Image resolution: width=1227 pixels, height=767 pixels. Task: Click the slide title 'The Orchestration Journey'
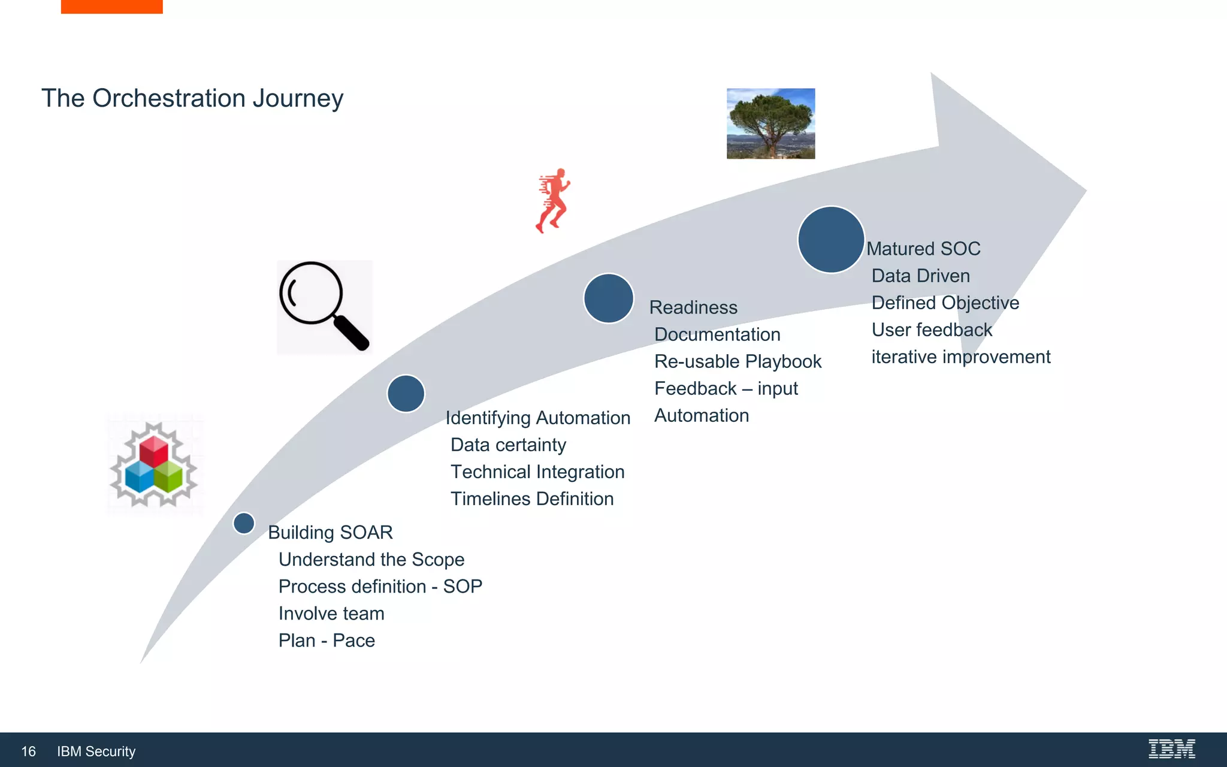(192, 98)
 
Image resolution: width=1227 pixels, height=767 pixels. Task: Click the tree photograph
(770, 123)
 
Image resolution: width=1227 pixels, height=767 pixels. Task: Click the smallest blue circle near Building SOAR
(244, 523)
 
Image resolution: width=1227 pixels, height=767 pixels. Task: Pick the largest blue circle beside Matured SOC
(831, 240)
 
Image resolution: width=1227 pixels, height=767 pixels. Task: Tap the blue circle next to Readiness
(609, 298)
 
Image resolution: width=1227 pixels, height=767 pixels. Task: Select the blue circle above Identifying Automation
(406, 394)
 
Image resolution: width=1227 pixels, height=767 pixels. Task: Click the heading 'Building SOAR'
(330, 532)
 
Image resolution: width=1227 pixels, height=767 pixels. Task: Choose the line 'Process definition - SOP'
(380, 586)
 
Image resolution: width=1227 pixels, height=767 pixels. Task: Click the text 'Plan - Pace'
(327, 640)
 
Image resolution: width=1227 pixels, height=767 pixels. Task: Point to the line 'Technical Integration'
(537, 472)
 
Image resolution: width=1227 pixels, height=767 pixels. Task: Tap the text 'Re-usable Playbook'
(738, 361)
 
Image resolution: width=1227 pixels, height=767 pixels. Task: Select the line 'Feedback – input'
(726, 388)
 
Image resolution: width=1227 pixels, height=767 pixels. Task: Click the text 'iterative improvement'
(960, 357)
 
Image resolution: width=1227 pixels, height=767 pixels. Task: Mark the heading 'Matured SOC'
(923, 249)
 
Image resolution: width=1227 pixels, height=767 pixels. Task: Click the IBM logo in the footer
(1171, 749)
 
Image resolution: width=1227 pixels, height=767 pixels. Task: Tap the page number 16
(28, 751)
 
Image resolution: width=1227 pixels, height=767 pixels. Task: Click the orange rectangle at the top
(111, 6)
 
